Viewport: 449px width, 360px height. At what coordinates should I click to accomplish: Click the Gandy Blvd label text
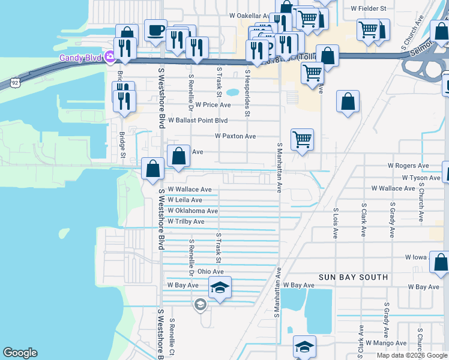point(80,58)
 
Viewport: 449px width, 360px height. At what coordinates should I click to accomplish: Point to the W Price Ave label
point(213,104)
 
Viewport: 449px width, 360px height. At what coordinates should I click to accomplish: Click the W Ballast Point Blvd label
point(197,120)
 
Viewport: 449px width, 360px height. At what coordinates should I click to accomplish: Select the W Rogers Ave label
point(408,165)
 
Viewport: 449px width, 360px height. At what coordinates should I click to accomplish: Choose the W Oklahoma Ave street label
point(193,211)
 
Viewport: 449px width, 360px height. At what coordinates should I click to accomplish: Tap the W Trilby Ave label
point(186,221)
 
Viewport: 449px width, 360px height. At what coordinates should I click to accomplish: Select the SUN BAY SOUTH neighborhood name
point(354,277)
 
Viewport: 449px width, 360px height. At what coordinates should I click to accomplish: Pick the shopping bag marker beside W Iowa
point(441,262)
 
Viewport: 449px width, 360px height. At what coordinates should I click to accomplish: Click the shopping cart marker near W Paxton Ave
point(302,140)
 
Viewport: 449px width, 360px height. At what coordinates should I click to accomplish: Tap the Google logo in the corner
point(20,353)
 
